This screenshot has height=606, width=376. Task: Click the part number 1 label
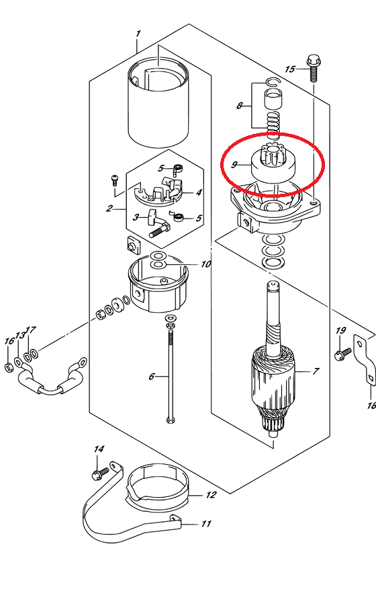[x=138, y=34]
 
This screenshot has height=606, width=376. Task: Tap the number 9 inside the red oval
[x=234, y=165]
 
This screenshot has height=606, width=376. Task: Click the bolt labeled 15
[x=313, y=69]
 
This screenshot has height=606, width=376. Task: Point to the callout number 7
[x=316, y=371]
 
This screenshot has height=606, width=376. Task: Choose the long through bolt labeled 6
[x=171, y=371]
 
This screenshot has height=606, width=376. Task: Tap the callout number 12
[x=211, y=495]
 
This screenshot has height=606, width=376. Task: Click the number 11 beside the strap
[x=206, y=524]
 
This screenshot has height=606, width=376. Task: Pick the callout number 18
[x=371, y=406]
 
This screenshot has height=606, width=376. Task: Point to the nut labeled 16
[x=9, y=367]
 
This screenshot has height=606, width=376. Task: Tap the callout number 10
[x=206, y=264]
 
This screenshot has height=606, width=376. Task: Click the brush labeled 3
[x=158, y=223]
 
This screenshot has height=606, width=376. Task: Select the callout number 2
[x=109, y=209]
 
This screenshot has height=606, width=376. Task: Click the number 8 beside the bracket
[x=240, y=106]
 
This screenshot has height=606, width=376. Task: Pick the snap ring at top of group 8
[x=272, y=81]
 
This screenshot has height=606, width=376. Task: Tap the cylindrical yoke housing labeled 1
[x=158, y=102]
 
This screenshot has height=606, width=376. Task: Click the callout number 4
[x=199, y=192]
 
